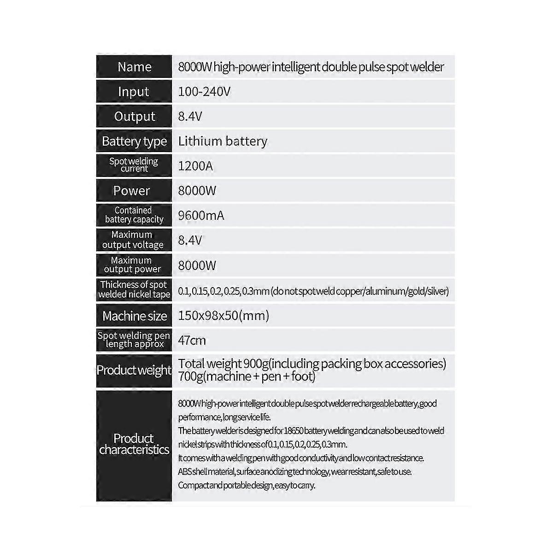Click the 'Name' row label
[134, 67]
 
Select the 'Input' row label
[134, 92]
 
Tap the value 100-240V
[204, 92]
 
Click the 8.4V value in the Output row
[190, 117]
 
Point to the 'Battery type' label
[134, 141]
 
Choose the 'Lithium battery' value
[223, 141]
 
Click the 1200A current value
[195, 166]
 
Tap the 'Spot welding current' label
[134, 165]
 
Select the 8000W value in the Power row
[197, 191]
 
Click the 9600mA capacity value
[201, 216]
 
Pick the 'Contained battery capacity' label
[134, 215]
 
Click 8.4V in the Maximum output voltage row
[190, 241]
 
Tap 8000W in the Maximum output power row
[197, 265]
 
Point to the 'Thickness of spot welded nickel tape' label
[134, 290]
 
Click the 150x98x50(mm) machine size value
[224, 316]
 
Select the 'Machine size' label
[134, 316]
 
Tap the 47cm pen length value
[192, 341]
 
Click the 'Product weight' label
[134, 370]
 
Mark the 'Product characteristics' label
[134, 444]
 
